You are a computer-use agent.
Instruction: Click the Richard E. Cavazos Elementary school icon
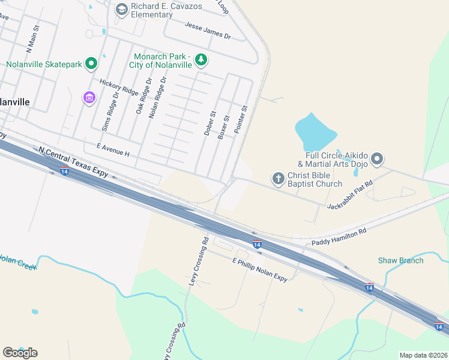coord(122,8)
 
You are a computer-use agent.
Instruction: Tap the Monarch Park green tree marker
coord(201,59)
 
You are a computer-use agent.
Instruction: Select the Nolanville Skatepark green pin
coord(91,63)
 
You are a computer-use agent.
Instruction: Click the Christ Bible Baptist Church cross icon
coord(278,178)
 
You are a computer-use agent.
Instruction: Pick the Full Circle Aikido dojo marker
coord(376,159)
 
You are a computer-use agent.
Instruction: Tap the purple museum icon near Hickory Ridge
coord(89,97)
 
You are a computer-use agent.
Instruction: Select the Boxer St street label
coord(224,128)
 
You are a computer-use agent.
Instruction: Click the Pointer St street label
coord(241,120)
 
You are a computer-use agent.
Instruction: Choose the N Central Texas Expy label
coord(73,162)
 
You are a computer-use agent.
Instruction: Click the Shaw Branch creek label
coord(400,260)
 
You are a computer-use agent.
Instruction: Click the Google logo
coord(20,352)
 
